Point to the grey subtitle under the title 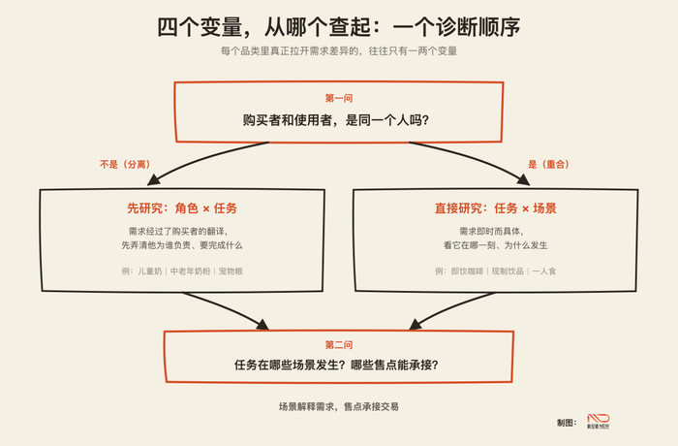339,51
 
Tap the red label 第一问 339,98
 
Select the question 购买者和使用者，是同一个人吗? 335,120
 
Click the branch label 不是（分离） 125,164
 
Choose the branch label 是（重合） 548,164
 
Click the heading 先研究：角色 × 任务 182,208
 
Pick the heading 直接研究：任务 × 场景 496,208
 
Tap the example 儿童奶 149,271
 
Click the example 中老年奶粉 190,271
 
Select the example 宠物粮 231,271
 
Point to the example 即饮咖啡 467,271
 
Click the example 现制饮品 508,271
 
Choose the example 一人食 544,271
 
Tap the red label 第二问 339,345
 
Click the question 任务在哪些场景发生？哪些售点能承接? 336,365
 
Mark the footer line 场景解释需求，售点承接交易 339,406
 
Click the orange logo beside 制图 599,421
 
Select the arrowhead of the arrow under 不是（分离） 153,179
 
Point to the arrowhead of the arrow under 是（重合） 523,179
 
